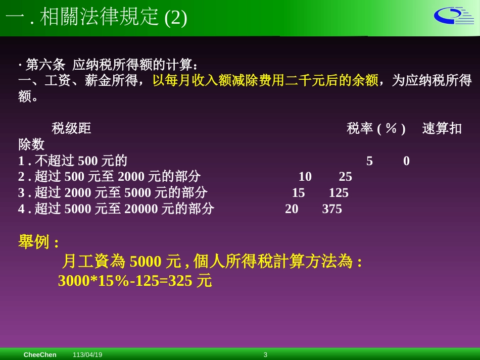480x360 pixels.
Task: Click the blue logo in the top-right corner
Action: tap(453, 16)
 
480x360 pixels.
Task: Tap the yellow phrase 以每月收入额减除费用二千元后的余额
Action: tap(265, 80)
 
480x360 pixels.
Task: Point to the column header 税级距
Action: tap(71, 129)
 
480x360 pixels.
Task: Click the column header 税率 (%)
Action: tap(376, 129)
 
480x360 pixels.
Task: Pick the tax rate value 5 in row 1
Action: tap(369, 161)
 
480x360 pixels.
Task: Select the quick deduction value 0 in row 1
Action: tap(406, 161)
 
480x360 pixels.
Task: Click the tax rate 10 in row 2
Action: tap(305, 177)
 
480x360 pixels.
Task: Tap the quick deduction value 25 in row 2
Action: tap(345, 177)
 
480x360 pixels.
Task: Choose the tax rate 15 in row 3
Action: tap(298, 193)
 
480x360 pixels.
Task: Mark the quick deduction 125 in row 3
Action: tap(339, 193)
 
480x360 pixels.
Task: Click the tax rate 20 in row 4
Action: tap(292, 209)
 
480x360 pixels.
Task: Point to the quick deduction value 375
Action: tap(332, 209)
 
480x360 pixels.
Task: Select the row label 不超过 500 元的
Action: tap(81, 161)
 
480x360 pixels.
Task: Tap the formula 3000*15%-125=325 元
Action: tap(135, 281)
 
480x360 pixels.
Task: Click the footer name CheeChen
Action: tap(40, 355)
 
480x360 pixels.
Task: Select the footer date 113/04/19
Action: tap(87, 355)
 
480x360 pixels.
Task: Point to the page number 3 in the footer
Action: tap(265, 355)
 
